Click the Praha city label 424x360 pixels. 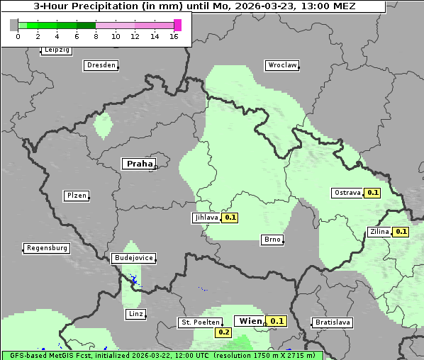139,164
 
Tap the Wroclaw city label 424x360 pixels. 282,65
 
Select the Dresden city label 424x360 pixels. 101,65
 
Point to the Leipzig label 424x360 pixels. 57,50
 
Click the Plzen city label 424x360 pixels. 76,196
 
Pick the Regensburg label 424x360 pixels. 47,248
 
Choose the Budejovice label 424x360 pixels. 133,258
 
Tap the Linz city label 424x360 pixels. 135,313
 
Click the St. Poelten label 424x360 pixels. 200,322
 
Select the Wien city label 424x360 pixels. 250,321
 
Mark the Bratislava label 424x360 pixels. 333,322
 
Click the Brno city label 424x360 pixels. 272,240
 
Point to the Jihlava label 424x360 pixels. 206,218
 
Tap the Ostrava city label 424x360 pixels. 347,193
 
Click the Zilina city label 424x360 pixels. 379,232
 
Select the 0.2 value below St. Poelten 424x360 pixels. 223,332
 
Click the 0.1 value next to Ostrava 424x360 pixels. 373,193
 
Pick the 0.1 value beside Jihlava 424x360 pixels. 230,218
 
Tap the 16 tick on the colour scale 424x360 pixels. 174,36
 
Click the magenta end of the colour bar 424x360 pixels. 177,25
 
